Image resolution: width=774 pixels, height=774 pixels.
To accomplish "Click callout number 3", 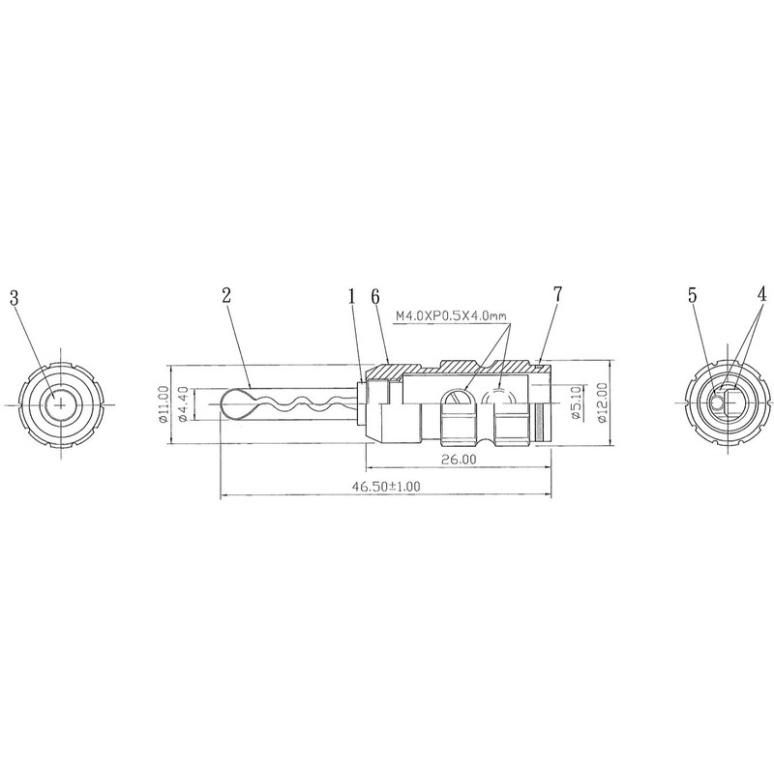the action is pyautogui.click(x=15, y=298).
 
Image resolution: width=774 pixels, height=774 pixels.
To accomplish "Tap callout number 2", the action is pyautogui.click(x=226, y=295).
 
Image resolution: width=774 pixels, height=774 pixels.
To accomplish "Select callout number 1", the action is pyautogui.click(x=352, y=296).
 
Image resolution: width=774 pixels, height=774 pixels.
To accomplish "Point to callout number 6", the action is pyautogui.click(x=375, y=296).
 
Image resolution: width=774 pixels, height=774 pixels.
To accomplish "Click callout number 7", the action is pyautogui.click(x=557, y=294).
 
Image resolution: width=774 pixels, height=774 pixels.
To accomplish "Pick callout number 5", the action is pyautogui.click(x=693, y=296).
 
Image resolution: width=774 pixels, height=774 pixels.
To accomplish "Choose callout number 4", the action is pyautogui.click(x=761, y=295).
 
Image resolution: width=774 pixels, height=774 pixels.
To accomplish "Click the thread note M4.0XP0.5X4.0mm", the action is pyautogui.click(x=452, y=316).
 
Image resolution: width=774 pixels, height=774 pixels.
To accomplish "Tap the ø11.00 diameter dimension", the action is pyautogui.click(x=164, y=404).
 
